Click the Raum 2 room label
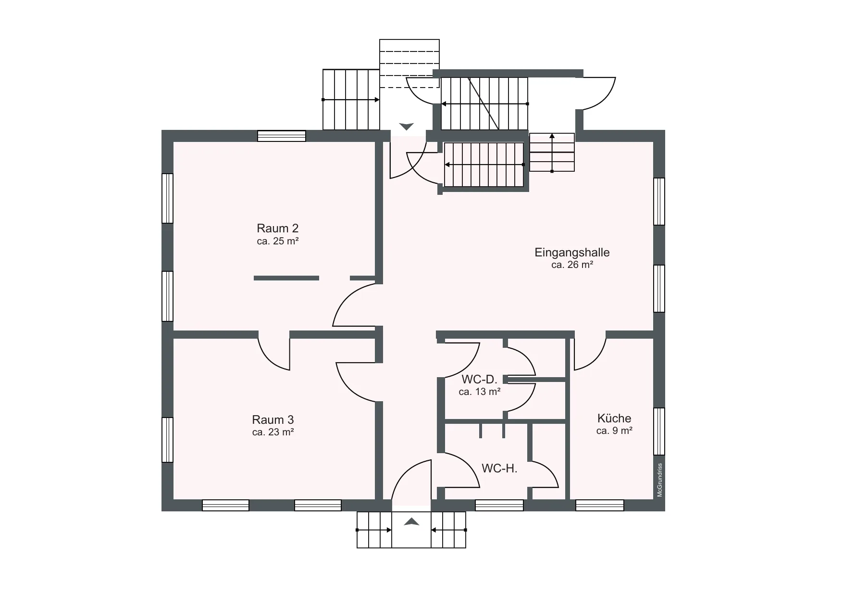(277, 228)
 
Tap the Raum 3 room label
(273, 419)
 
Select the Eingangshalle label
(572, 252)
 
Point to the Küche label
(614, 418)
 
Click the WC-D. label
(479, 380)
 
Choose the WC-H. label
(499, 468)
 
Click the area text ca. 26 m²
(572, 265)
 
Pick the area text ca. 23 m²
(273, 432)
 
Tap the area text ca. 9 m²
(614, 431)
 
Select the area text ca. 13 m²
(480, 392)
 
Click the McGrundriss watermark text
(660, 480)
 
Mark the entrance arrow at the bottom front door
(411, 521)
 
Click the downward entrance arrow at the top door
(407, 127)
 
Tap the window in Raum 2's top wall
(282, 136)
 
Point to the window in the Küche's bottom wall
(600, 505)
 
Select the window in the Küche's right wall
(659, 431)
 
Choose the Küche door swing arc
(590, 354)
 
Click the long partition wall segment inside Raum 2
(286, 278)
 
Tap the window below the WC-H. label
(499, 505)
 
